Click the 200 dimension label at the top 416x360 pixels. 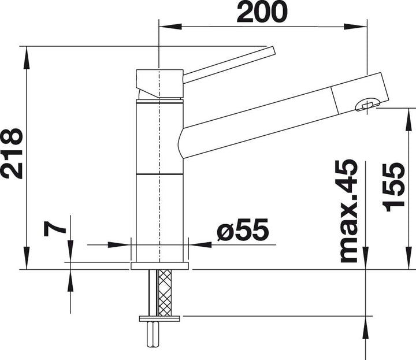(x=262, y=12)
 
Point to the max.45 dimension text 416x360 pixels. (x=349, y=211)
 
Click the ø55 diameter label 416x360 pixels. (x=243, y=229)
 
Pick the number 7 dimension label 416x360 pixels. (x=55, y=229)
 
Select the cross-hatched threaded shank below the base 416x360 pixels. (x=164, y=292)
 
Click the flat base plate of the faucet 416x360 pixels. (x=159, y=266)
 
